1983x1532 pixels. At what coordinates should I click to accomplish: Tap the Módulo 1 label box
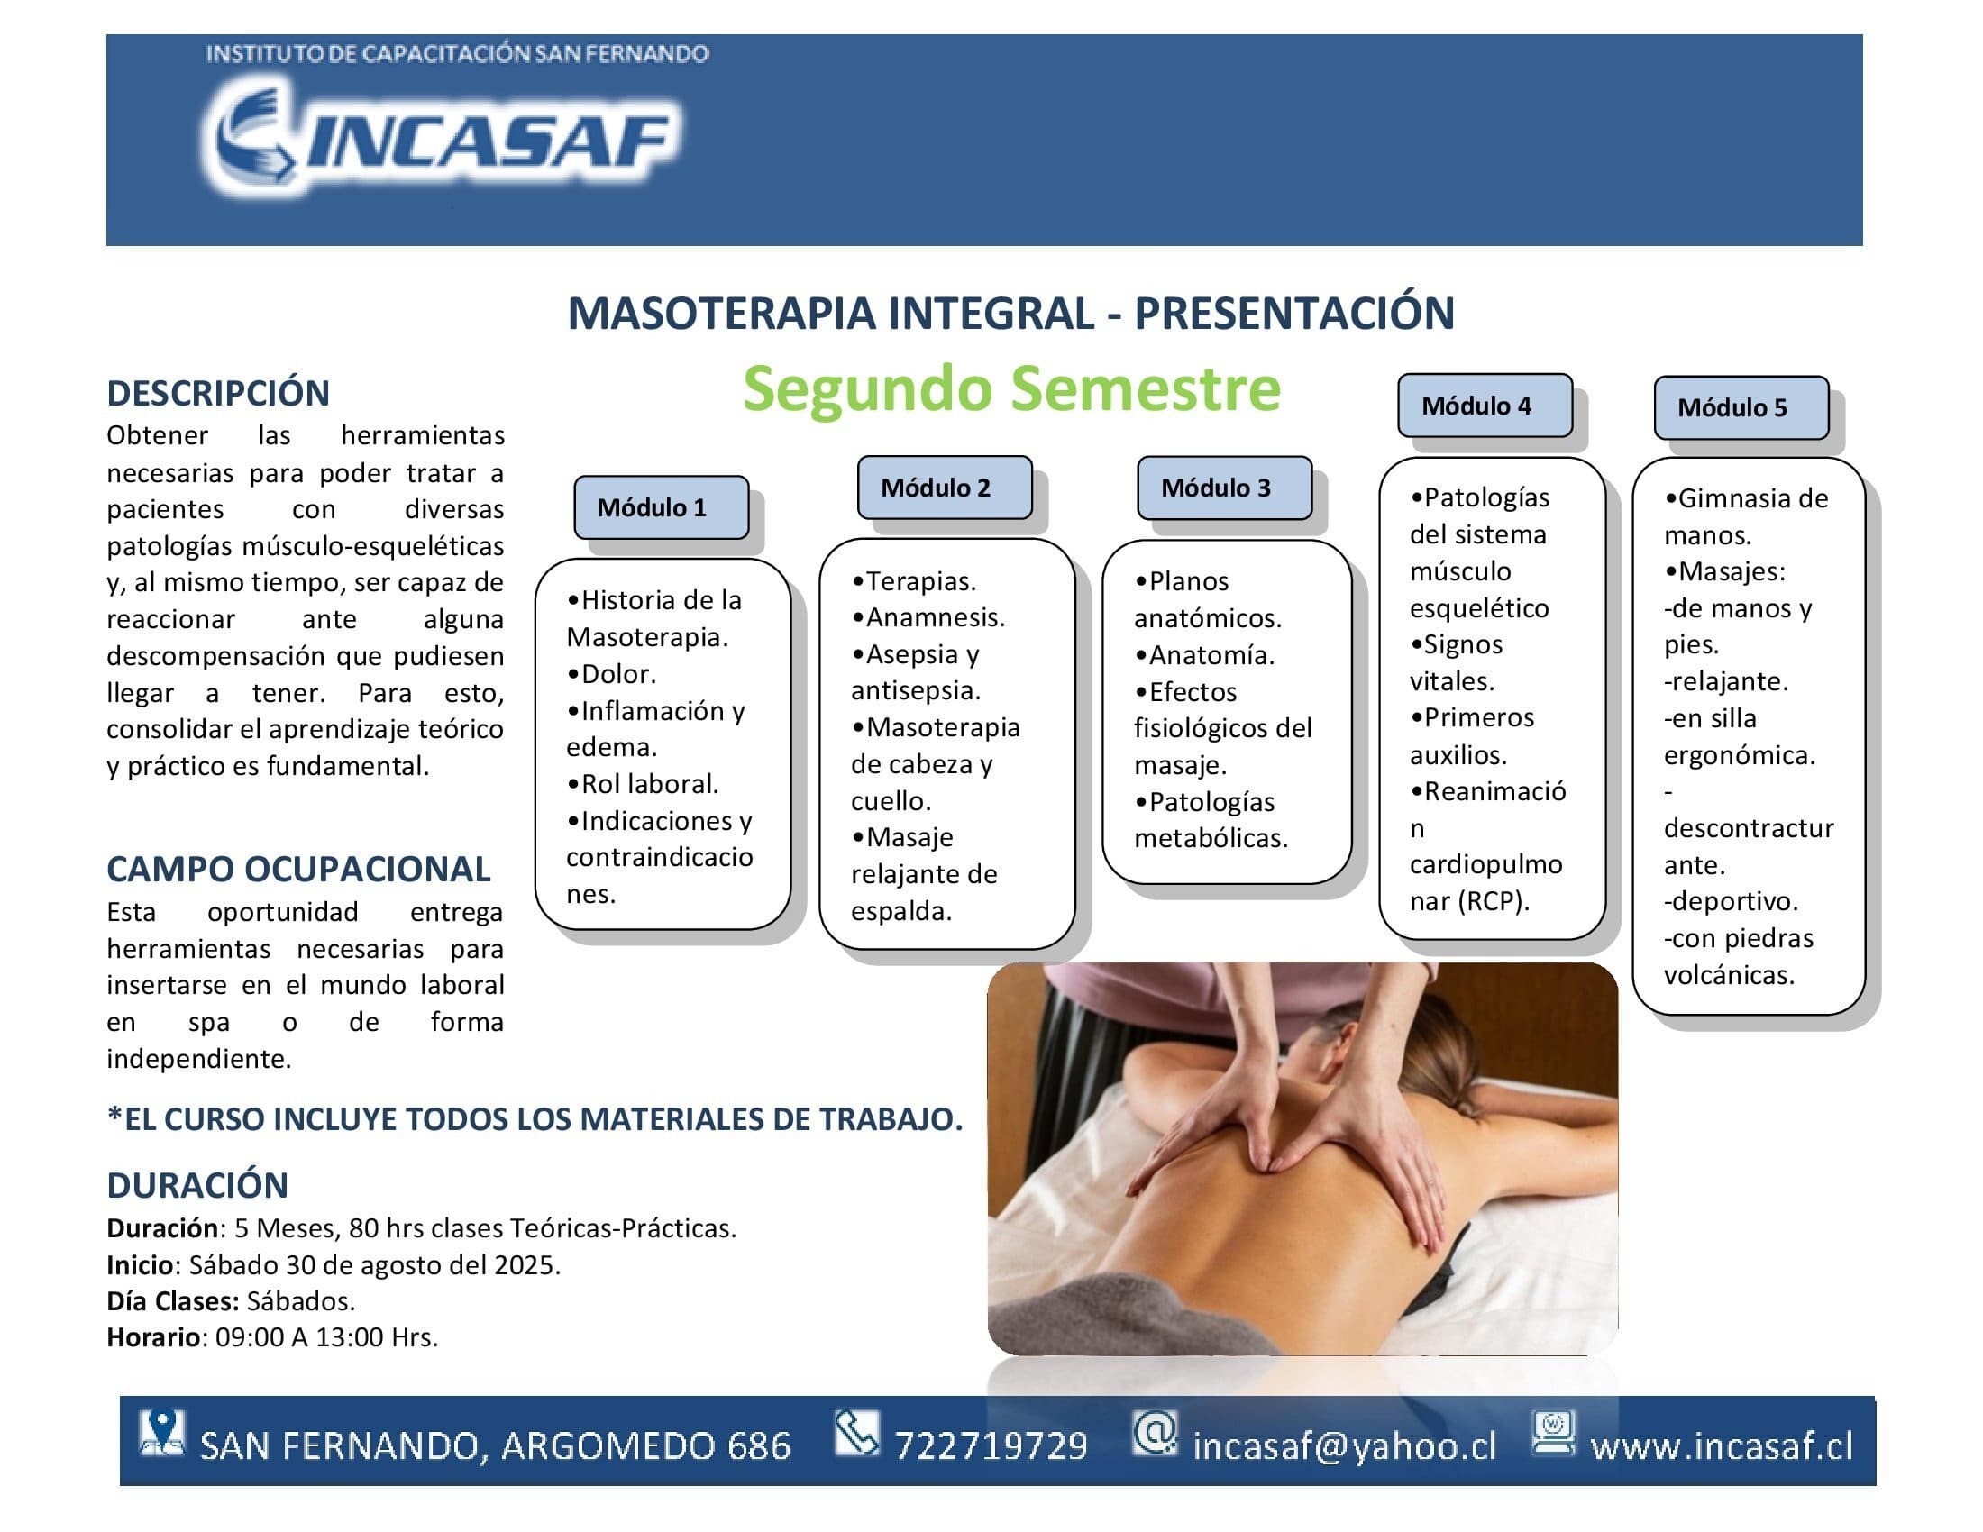(x=661, y=507)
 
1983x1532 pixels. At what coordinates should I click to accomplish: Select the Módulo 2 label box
(x=945, y=488)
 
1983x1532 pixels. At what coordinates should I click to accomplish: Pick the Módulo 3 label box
(x=1224, y=488)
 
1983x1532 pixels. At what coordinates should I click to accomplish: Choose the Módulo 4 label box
(x=1485, y=405)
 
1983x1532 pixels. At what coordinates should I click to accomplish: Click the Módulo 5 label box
(x=1741, y=407)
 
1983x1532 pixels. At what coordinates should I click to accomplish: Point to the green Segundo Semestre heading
(x=1011, y=388)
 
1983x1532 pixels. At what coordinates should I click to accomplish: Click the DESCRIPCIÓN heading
(x=218, y=393)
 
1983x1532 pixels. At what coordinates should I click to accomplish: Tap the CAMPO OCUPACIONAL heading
(x=298, y=869)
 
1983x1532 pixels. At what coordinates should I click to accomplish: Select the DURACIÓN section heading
(x=197, y=1184)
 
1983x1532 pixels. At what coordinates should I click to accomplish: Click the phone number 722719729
(x=991, y=1445)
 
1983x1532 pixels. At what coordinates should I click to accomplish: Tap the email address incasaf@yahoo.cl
(x=1344, y=1445)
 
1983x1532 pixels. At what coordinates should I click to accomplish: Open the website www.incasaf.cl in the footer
(x=1722, y=1445)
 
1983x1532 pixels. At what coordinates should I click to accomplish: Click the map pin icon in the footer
(x=161, y=1434)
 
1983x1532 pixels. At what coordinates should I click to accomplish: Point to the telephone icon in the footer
(x=856, y=1433)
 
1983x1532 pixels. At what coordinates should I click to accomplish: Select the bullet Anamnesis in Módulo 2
(x=928, y=617)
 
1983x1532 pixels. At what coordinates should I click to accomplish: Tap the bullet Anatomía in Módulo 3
(x=1204, y=654)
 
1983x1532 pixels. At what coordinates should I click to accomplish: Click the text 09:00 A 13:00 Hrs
(x=327, y=1336)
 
